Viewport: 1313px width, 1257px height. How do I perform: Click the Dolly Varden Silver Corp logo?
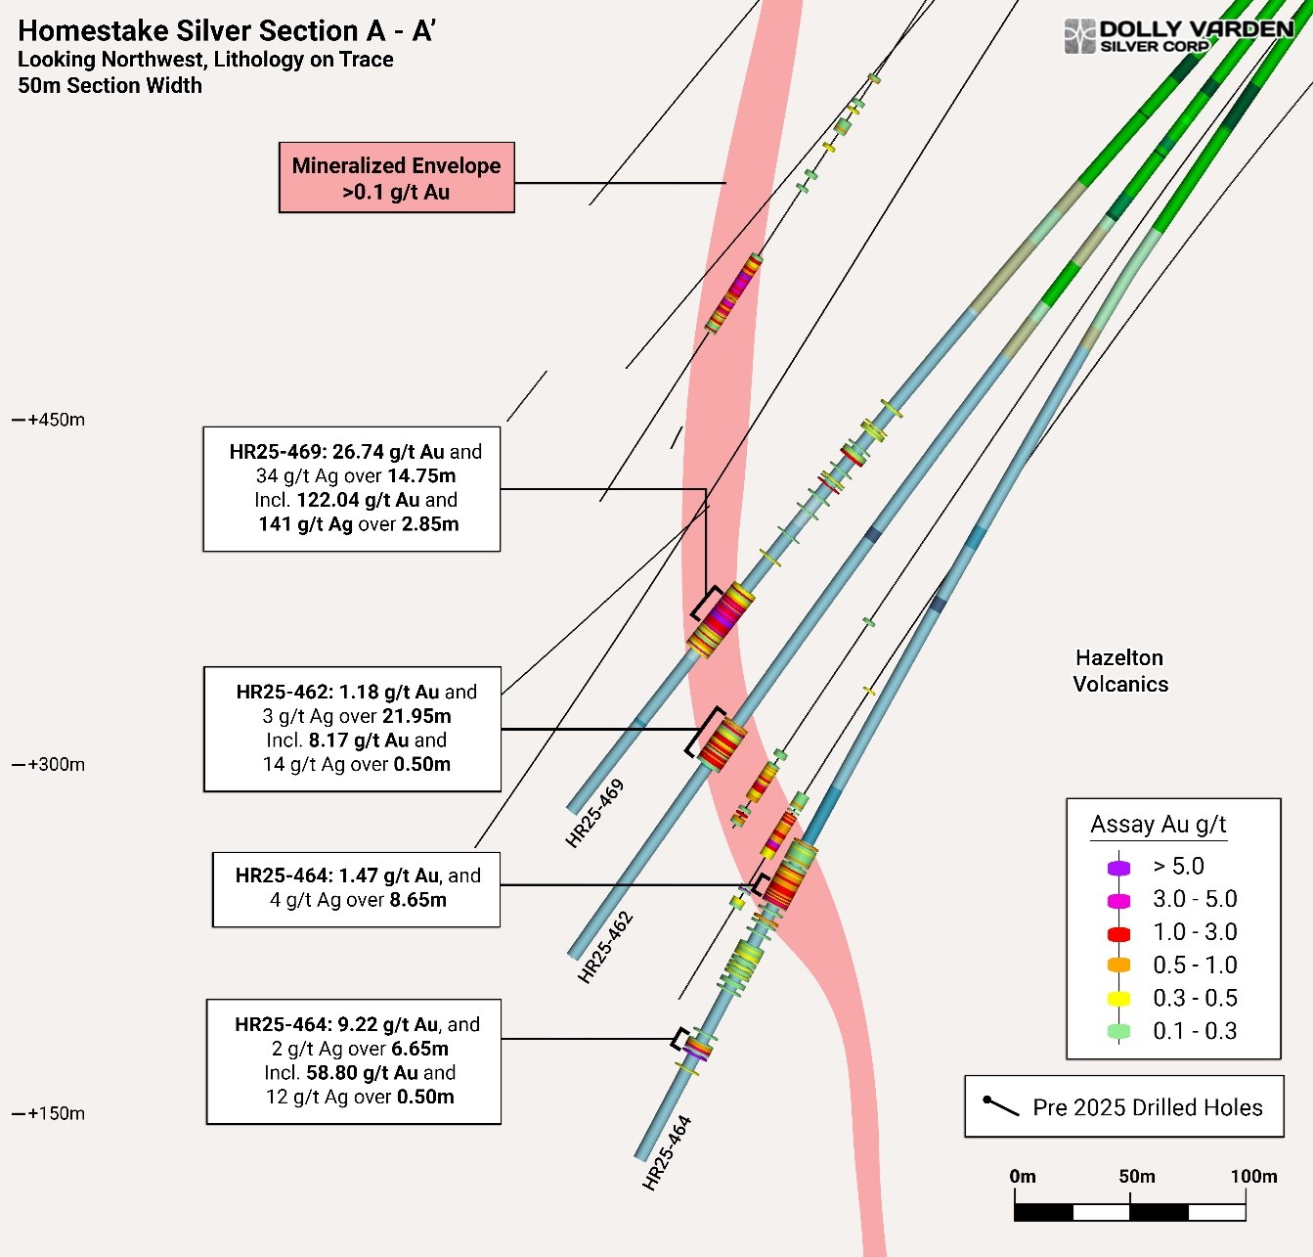pyautogui.click(x=1178, y=36)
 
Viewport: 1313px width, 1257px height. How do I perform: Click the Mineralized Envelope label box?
pyautogui.click(x=396, y=178)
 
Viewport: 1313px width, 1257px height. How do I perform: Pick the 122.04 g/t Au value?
pyautogui.click(x=358, y=500)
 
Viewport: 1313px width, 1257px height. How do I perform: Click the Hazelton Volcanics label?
pyautogui.click(x=1120, y=671)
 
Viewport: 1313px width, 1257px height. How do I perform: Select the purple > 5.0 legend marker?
pyautogui.click(x=1118, y=868)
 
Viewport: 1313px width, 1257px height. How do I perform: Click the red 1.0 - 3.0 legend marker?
pyautogui.click(x=1118, y=933)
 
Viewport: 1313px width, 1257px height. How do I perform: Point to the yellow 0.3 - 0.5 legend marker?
pyautogui.click(x=1118, y=999)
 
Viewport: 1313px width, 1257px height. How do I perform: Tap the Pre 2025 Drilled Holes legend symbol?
pyautogui.click(x=1001, y=1105)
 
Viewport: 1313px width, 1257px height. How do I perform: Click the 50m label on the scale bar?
pyautogui.click(x=1137, y=1177)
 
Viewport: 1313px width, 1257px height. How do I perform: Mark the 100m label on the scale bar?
pyautogui.click(x=1253, y=1177)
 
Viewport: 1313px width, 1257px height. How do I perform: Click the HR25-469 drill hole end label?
pyautogui.click(x=594, y=814)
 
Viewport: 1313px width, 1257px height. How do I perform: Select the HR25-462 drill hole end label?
pyautogui.click(x=606, y=947)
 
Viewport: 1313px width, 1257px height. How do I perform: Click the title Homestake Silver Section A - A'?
pyautogui.click(x=227, y=31)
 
